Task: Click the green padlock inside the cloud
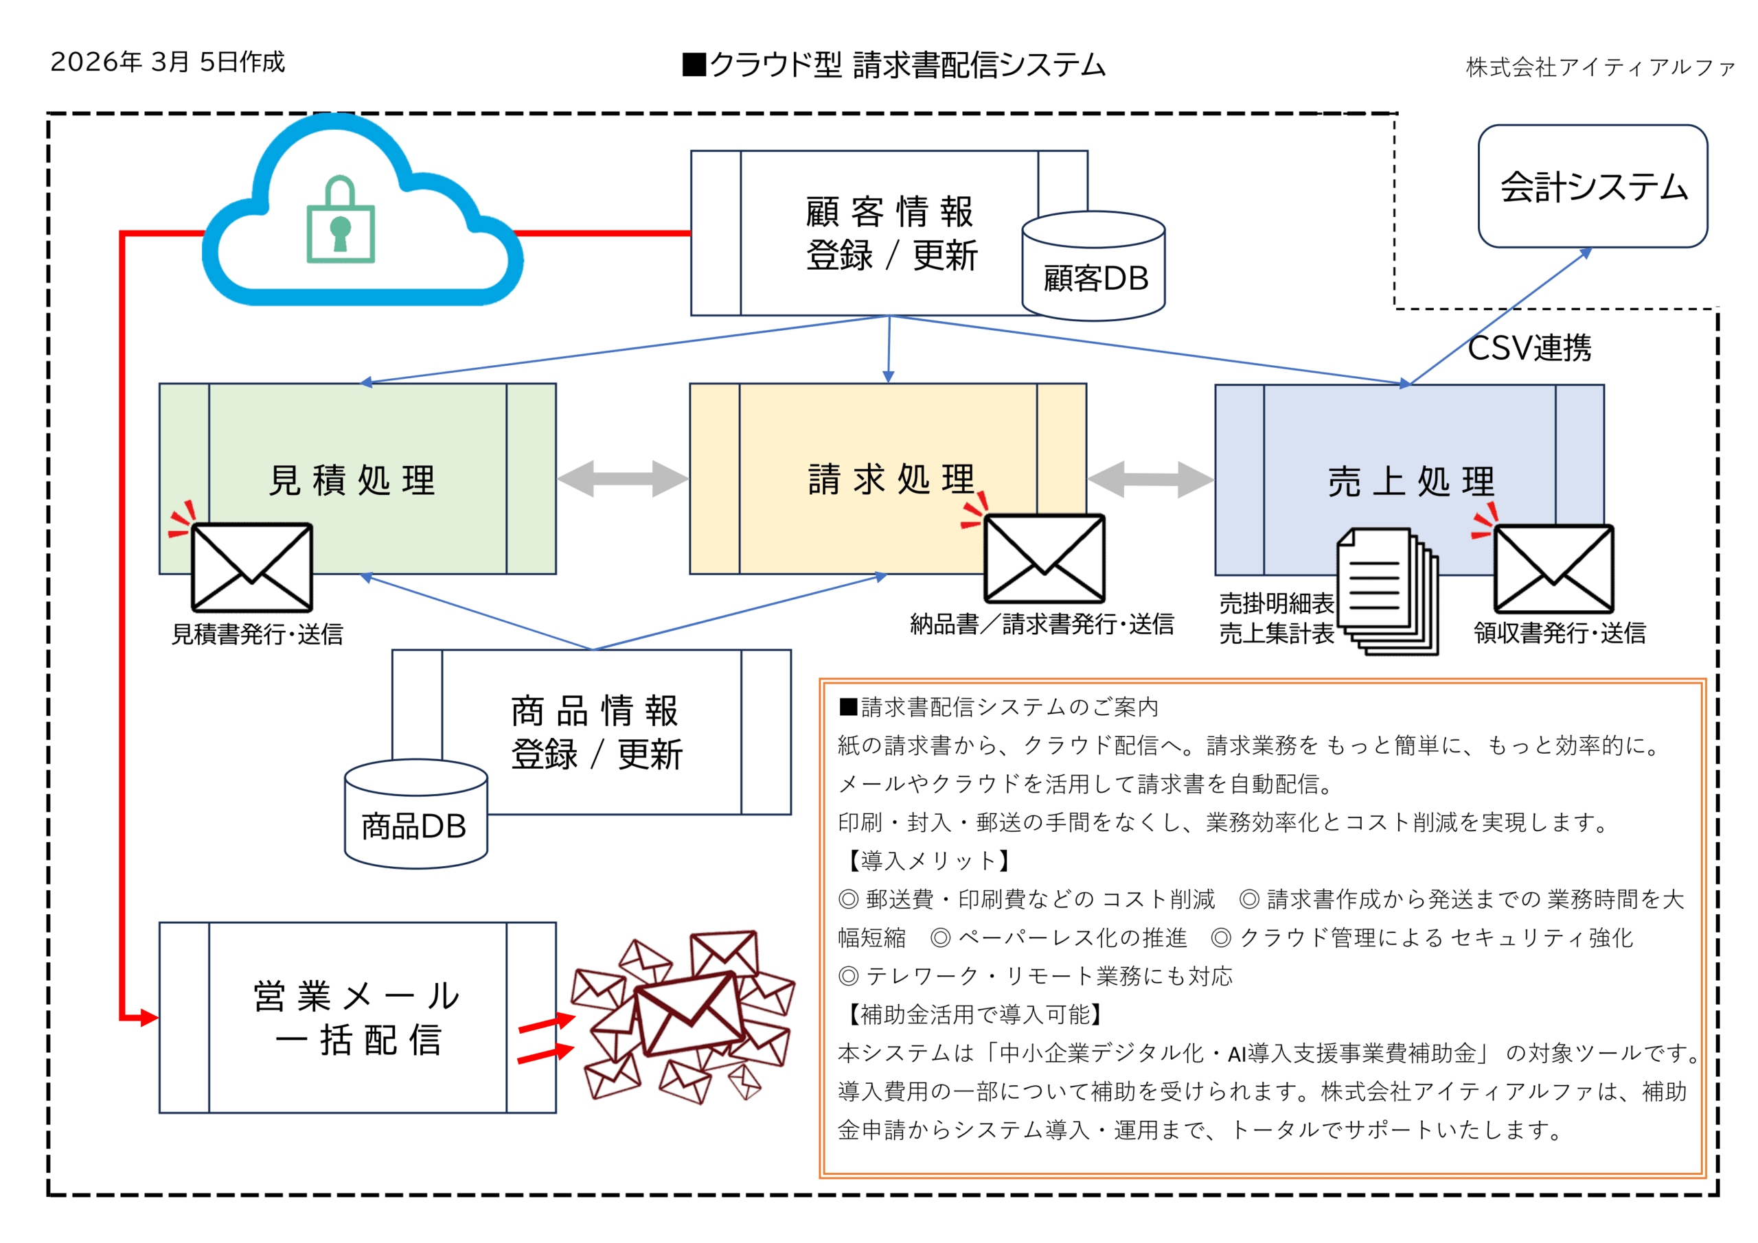(x=340, y=222)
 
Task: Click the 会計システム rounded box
(x=1593, y=187)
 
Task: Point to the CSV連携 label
(x=1529, y=348)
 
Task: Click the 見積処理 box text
(x=352, y=480)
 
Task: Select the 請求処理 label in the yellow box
(x=891, y=480)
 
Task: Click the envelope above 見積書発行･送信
(x=252, y=568)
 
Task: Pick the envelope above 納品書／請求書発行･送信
(x=1044, y=559)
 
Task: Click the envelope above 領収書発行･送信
(x=1553, y=569)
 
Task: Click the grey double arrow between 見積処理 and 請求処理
(x=622, y=478)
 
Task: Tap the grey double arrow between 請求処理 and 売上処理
(x=1150, y=479)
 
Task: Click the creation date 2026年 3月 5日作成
(x=168, y=62)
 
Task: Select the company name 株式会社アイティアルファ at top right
(x=1599, y=67)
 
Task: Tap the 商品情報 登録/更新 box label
(x=595, y=732)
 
